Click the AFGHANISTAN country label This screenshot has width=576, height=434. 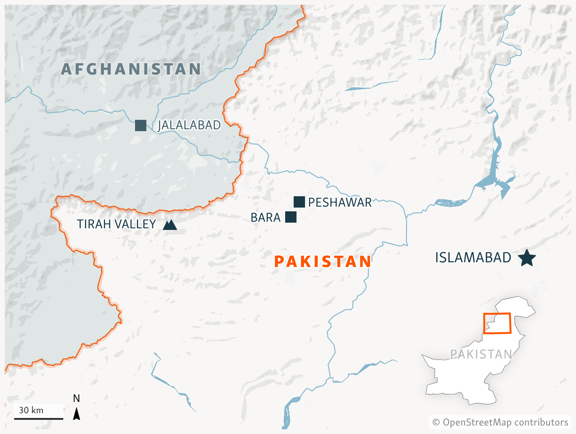point(131,69)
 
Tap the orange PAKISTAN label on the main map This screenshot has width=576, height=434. point(322,261)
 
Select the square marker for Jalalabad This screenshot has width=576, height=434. point(140,125)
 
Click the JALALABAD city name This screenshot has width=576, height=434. point(189,125)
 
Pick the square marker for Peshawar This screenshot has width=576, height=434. point(299,202)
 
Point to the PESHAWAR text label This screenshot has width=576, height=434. point(340,203)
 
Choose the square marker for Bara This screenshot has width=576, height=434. point(291,217)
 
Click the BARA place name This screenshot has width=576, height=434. point(265,218)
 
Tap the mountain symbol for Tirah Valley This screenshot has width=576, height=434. point(169,225)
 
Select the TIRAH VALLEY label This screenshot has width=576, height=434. point(116,225)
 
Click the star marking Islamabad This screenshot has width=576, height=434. point(526,258)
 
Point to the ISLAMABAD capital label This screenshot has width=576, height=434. point(473,258)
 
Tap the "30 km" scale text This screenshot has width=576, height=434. point(31,410)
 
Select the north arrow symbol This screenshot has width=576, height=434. point(76,414)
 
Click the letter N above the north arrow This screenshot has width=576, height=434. point(76,399)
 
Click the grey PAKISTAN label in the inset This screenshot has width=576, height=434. point(481,354)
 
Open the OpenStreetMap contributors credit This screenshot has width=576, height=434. point(500,422)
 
